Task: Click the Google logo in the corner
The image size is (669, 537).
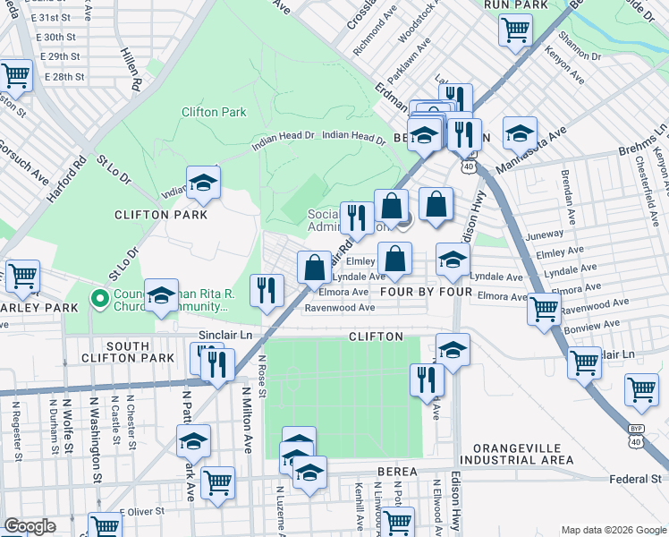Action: (30, 526)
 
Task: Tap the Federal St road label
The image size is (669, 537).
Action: (635, 479)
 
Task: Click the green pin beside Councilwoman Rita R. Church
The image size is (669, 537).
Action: (99, 298)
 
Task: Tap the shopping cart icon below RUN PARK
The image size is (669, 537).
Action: (515, 30)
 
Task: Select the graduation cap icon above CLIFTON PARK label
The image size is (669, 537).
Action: (203, 182)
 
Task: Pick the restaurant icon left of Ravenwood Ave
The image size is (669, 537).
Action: (267, 289)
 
